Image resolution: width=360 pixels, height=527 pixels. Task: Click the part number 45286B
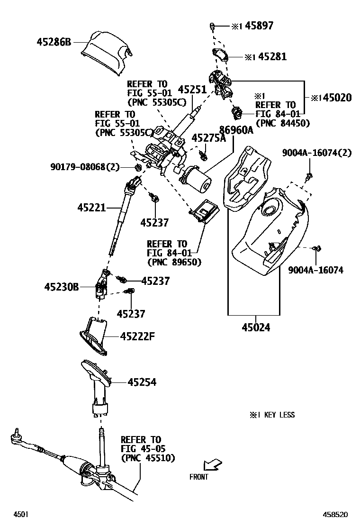pyautogui.click(x=54, y=42)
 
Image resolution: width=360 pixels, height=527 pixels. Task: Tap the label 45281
pyautogui.click(x=271, y=57)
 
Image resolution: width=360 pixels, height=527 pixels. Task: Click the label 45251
pyautogui.click(x=192, y=90)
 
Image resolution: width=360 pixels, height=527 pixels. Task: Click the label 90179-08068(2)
pyautogui.click(x=85, y=167)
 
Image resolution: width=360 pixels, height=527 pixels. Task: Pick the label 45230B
pyautogui.click(x=62, y=287)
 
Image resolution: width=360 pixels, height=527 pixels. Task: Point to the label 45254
pyautogui.click(x=142, y=382)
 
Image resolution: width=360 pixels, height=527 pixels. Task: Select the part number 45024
pyautogui.click(x=256, y=327)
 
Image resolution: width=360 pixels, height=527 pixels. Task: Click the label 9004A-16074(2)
pyautogui.click(x=316, y=153)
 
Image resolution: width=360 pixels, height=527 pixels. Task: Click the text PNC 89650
pyautogui.click(x=174, y=262)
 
